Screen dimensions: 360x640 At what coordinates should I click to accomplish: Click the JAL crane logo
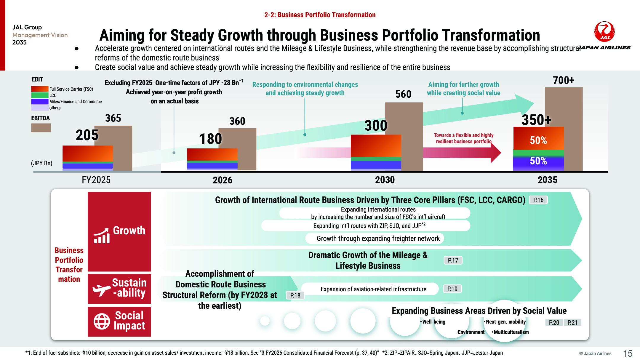[604, 31]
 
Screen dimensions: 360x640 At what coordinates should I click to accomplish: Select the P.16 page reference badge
[538, 200]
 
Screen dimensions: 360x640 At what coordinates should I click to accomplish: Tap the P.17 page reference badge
[453, 260]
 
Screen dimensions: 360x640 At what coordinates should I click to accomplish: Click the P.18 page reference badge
[295, 295]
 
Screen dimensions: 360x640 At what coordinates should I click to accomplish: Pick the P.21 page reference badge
[572, 323]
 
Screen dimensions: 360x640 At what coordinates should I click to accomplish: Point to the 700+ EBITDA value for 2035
[563, 80]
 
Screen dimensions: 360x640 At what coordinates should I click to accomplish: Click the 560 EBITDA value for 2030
[403, 94]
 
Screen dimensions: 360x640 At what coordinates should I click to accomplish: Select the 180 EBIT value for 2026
[211, 139]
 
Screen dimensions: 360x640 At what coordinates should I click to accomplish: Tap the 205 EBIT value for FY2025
[87, 135]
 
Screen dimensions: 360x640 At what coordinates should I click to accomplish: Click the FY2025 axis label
[96, 180]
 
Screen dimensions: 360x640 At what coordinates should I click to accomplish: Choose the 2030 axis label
[385, 180]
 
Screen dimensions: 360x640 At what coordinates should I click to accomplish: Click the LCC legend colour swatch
[40, 95]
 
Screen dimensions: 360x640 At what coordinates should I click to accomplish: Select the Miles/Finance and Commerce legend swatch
[40, 102]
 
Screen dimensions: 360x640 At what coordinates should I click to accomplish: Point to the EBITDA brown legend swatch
[41, 128]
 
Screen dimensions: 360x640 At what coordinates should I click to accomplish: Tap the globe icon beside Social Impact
[102, 321]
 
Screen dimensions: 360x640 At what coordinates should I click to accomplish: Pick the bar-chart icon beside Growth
[102, 236]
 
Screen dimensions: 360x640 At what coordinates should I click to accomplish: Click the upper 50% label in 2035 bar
[538, 140]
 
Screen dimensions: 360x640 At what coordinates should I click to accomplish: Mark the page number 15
[628, 353]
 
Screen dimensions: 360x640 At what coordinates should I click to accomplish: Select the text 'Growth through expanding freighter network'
[378, 239]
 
